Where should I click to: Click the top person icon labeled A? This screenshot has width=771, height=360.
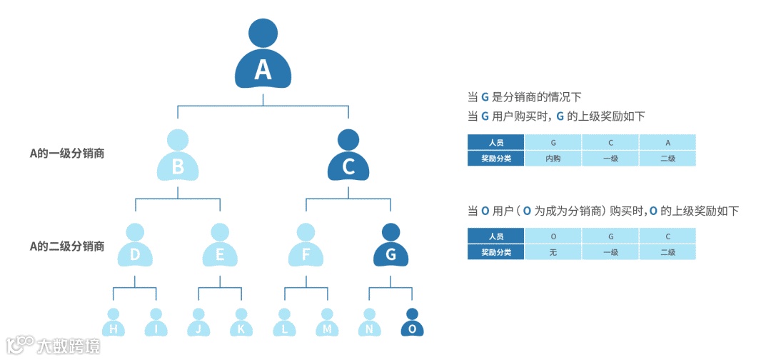point(263,57)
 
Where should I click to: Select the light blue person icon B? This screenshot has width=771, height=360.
point(178,157)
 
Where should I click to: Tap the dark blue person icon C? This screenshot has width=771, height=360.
point(348,157)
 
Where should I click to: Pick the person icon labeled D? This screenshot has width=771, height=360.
point(135,246)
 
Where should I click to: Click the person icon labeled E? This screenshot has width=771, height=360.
point(220,246)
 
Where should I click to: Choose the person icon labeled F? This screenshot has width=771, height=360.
point(306,246)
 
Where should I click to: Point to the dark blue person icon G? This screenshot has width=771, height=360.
point(390,246)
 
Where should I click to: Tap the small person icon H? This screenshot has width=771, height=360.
point(113,323)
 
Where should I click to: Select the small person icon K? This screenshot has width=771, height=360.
point(241,323)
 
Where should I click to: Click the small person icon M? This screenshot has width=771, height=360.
point(326,323)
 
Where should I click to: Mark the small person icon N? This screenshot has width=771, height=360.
point(369,323)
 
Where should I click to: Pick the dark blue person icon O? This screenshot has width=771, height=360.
point(411,323)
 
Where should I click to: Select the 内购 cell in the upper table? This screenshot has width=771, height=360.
point(553,159)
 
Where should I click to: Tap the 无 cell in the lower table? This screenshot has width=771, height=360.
point(553,252)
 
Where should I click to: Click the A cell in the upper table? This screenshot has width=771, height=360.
point(667,143)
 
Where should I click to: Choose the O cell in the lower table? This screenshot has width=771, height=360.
point(553,236)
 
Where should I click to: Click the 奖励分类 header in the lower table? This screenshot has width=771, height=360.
point(496,252)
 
